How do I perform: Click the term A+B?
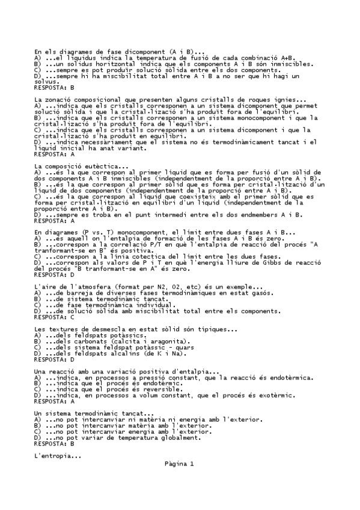(285, 58)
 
